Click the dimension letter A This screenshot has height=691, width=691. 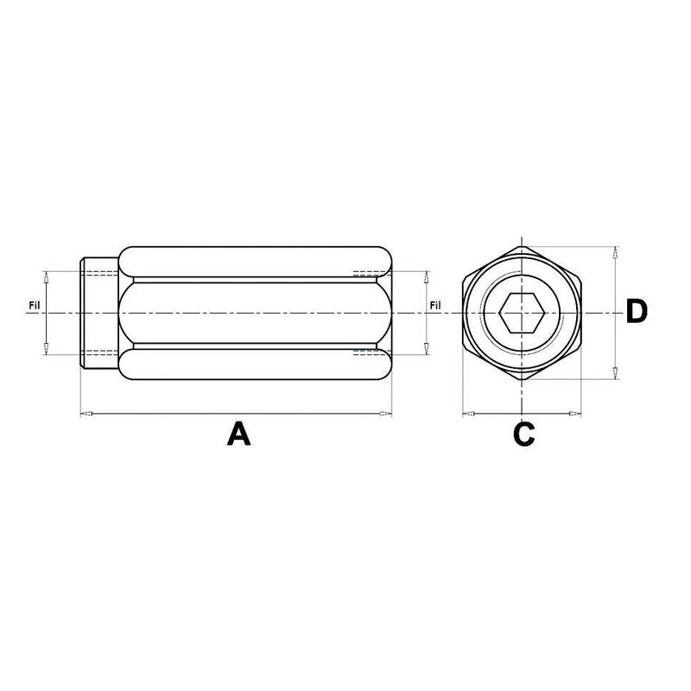[238, 432]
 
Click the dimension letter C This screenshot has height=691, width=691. [523, 433]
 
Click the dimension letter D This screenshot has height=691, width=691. [636, 313]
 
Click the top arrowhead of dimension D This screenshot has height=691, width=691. [614, 254]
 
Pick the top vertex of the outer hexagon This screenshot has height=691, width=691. [521, 244]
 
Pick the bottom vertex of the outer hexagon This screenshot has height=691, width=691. [521, 381]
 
